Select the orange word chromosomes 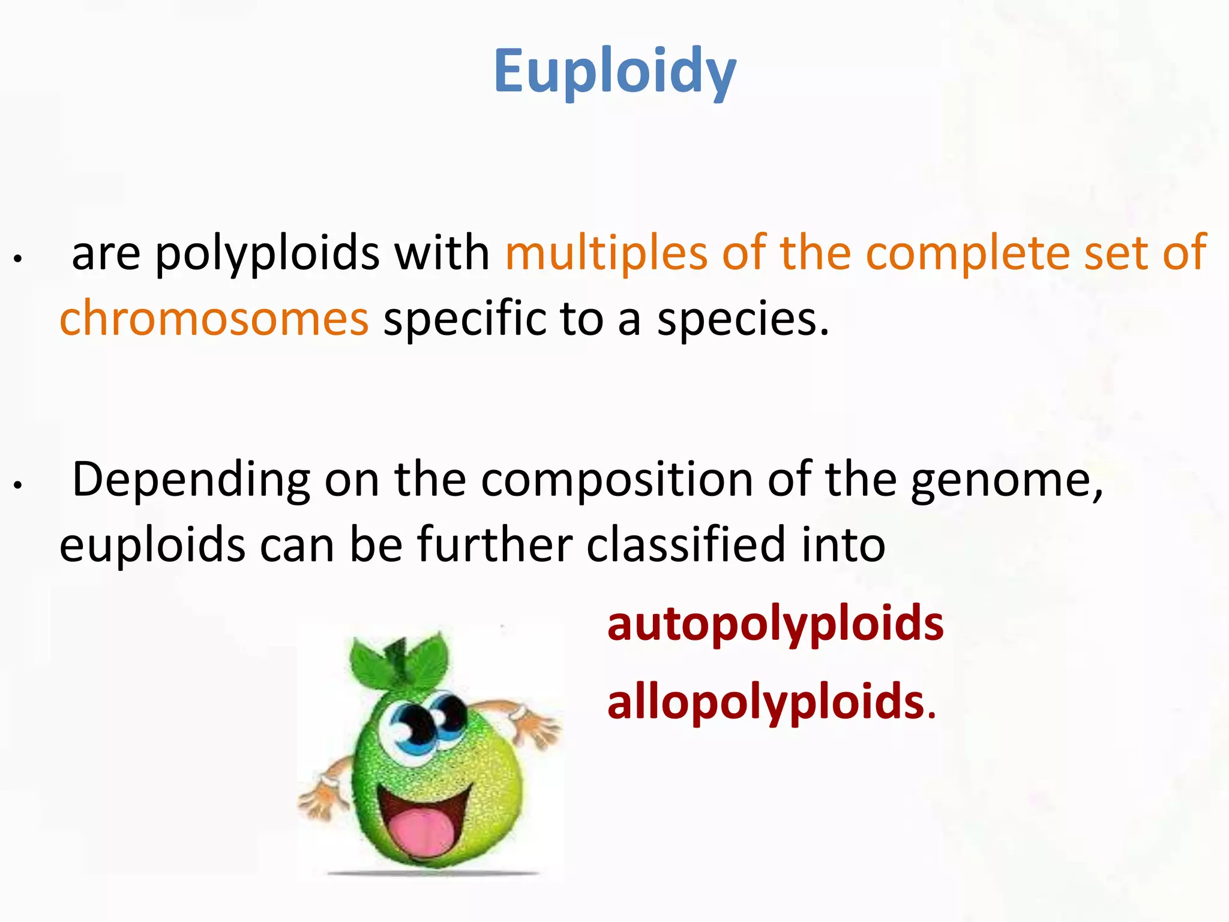click(214, 318)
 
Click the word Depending click(191, 480)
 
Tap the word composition click(617, 480)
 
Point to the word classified click(686, 545)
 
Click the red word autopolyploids click(775, 624)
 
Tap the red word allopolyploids click(766, 702)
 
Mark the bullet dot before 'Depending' click(19, 485)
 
